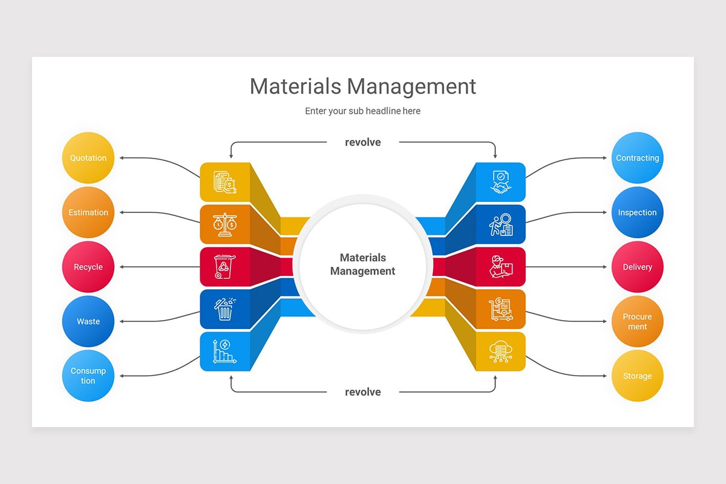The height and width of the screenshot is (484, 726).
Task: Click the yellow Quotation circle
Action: point(88,158)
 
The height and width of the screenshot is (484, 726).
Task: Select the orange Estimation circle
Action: point(88,212)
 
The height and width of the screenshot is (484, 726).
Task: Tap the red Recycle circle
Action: point(88,267)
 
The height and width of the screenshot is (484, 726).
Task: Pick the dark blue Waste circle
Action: point(88,321)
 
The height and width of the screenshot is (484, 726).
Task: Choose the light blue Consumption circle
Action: point(88,376)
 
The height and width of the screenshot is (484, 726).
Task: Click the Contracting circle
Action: point(638,158)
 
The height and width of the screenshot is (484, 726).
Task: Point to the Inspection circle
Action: point(638,212)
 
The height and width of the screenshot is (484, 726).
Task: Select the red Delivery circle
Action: point(638,267)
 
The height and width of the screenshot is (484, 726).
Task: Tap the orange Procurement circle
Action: point(638,321)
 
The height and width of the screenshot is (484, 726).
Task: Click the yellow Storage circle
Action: point(638,376)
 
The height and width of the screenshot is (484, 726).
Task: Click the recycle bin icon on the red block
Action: point(224,267)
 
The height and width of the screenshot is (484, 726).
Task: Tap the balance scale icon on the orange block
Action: point(224,224)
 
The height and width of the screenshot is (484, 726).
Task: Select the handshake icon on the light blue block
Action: point(501,182)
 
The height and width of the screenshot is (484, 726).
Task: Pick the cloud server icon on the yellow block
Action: point(501,352)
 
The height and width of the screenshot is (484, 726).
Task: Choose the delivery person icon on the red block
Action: point(501,267)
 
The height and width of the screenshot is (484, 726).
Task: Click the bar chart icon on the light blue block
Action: point(224,352)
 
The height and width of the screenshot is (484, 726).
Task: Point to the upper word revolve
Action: point(362,142)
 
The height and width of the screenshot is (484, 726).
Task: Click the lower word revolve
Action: point(362,392)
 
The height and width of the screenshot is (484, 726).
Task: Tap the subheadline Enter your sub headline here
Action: point(362,111)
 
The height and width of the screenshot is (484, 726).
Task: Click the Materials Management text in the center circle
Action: point(362,264)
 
